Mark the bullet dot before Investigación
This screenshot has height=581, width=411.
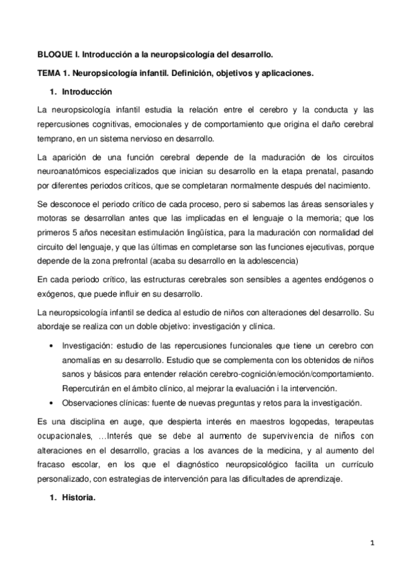pyautogui.click(x=53, y=346)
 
